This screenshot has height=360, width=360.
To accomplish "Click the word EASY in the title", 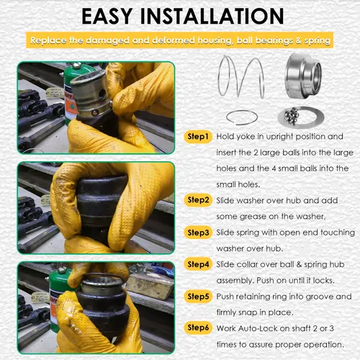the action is tap(107, 17).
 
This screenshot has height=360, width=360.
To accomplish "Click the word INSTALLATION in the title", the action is tap(212, 17).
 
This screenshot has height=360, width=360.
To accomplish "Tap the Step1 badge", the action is tap(198, 137).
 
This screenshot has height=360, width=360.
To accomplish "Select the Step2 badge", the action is tap(198, 200).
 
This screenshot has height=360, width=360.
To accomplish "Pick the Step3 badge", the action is tap(198, 233).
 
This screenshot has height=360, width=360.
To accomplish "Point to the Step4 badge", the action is tap(198, 264).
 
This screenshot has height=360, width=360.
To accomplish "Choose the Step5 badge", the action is tap(198, 297).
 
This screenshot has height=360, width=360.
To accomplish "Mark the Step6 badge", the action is tap(198, 328).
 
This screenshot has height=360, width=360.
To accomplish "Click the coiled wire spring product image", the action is tap(241, 76).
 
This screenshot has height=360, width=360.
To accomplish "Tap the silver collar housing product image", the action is tap(303, 76).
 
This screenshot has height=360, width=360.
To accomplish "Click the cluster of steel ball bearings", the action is tap(292, 115).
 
